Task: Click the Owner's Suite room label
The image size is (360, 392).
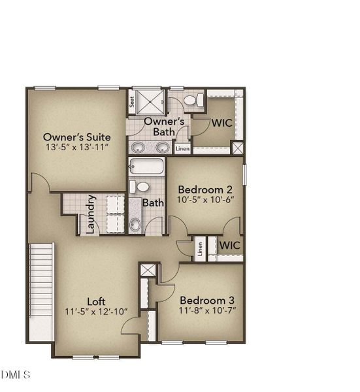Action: tap(76, 137)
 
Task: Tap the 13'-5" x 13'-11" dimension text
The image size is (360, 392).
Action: tap(77, 147)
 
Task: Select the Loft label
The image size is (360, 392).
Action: tap(96, 302)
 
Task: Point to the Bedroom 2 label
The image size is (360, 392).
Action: tap(205, 189)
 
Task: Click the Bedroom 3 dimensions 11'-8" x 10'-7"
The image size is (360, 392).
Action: tap(208, 310)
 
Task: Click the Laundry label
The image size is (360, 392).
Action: tap(91, 214)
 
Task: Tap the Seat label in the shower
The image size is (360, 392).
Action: tap(132, 102)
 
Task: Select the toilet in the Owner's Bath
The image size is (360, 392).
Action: tap(194, 100)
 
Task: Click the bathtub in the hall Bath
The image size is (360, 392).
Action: tap(146, 166)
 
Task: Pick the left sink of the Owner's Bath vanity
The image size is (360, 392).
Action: tap(138, 147)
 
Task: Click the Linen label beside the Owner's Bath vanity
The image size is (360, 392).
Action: tap(182, 149)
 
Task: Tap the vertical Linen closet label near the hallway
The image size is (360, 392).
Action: tap(200, 249)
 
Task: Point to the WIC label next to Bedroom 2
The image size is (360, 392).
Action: tap(230, 245)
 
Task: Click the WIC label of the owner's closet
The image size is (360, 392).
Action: tap(221, 123)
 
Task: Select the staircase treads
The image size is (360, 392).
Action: tap(42, 280)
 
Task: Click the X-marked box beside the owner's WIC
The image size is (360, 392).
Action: tap(238, 148)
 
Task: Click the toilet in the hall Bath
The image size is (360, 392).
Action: tap(140, 187)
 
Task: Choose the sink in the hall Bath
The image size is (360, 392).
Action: tap(135, 224)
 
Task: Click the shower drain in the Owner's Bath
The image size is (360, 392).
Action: tap(150, 102)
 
